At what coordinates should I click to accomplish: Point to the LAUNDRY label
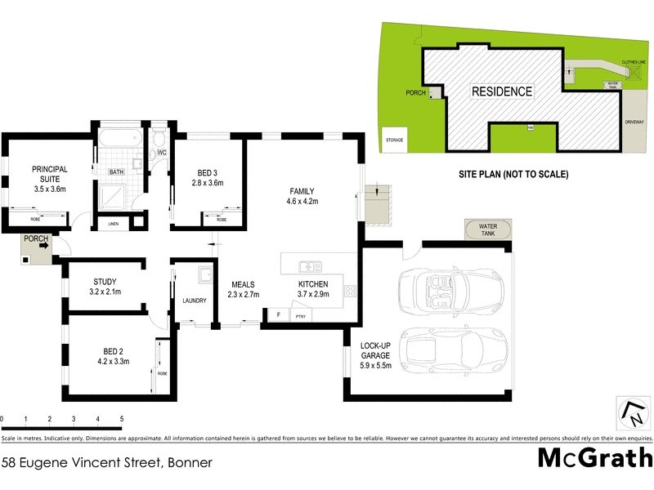coord(194,301)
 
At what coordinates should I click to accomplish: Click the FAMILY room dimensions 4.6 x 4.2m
coord(302,201)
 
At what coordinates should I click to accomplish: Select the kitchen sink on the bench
coord(310,265)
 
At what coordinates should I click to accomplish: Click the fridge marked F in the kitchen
coord(278,314)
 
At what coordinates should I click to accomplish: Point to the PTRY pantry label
coord(300,315)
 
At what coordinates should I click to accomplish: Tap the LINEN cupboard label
coord(113,224)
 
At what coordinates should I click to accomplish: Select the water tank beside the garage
coord(487,228)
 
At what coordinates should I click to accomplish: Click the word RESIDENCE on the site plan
coord(501,91)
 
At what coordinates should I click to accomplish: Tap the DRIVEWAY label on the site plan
coord(634,122)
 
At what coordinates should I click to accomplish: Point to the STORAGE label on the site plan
coord(394,140)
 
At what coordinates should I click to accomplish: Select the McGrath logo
coord(594,458)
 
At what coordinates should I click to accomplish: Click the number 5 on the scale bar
coord(122,419)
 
